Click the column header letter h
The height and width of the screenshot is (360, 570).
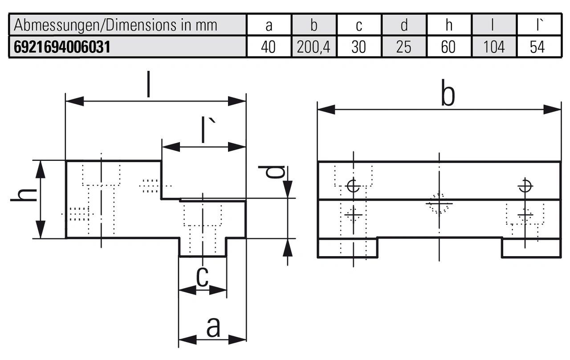pos(448,25)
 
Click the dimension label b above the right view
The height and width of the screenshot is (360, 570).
pos(448,95)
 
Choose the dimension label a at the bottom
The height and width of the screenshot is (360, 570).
pos(213,327)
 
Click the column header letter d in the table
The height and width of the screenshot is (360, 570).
pos(403,25)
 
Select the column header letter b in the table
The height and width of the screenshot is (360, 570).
pos(314,25)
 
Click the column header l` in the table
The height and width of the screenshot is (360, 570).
pos(539,25)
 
